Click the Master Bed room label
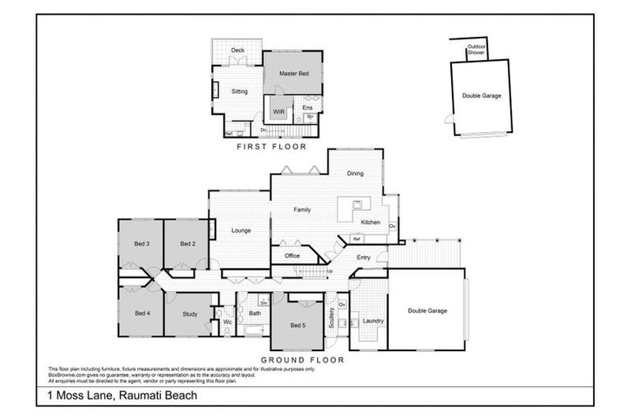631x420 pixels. point(293,74)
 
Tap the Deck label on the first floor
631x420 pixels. point(237,51)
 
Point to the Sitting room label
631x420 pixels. point(239,92)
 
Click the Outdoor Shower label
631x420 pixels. point(477,50)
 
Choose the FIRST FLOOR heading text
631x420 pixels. point(271,147)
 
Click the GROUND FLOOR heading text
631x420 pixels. point(302,359)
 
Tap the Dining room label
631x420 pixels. point(355,173)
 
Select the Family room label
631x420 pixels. point(302,210)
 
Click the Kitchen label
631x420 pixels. point(370,222)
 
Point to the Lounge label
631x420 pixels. point(241,231)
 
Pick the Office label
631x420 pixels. point(292,256)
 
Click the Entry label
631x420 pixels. point(363,258)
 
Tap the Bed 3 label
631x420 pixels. point(141,244)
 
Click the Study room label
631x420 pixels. point(189,313)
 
